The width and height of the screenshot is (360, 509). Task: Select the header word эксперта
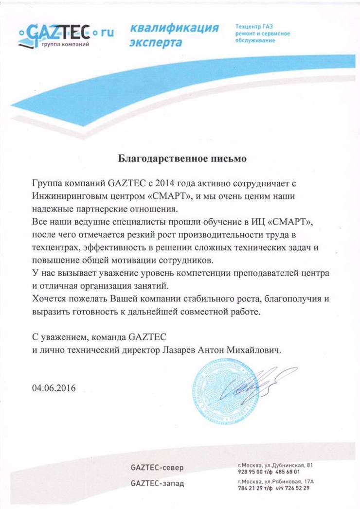click(x=156, y=43)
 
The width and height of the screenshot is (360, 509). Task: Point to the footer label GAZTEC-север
click(x=157, y=468)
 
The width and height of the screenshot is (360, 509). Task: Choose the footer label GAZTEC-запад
click(x=158, y=483)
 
